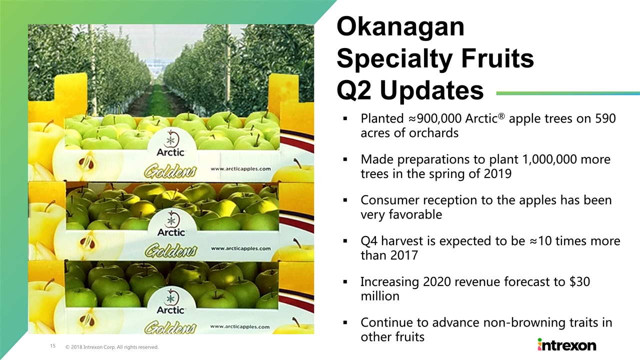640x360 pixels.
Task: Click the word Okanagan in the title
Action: (x=400, y=27)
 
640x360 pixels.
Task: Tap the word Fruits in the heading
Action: (x=497, y=58)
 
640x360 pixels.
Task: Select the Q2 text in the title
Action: (x=354, y=90)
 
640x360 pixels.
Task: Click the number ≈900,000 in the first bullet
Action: (x=435, y=118)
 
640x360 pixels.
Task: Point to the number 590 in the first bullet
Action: (x=605, y=118)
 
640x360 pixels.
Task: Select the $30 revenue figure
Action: (x=579, y=281)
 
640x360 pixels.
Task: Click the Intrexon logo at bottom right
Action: (x=567, y=345)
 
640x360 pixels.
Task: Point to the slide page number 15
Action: (x=53, y=346)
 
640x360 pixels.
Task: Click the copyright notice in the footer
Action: (x=111, y=347)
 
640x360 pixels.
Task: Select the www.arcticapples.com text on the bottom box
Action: (x=239, y=326)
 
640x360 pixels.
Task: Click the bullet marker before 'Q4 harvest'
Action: (x=345, y=241)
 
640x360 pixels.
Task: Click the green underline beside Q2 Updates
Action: (x=568, y=93)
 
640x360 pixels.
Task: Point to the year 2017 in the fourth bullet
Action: (x=403, y=255)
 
